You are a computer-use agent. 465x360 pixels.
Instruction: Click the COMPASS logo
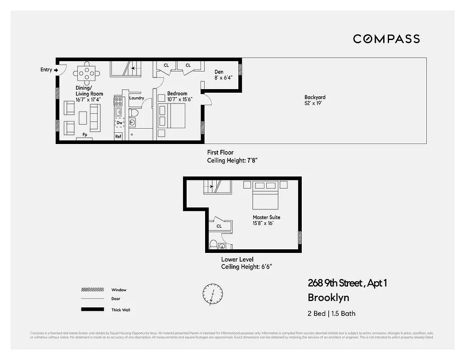386,39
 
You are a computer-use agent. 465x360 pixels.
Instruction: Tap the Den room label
219,72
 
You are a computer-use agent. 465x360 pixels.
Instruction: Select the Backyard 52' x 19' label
315,100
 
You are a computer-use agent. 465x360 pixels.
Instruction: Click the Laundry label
136,98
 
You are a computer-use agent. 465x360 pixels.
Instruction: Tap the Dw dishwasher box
119,122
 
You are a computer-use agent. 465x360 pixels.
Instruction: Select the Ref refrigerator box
118,136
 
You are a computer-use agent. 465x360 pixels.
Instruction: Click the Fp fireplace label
84,135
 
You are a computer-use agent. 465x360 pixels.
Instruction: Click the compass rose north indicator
212,294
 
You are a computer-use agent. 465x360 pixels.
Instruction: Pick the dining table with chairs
87,72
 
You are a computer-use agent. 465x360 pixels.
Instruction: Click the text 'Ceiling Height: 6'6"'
246,266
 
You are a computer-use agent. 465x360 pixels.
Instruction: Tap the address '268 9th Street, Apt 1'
347,283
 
